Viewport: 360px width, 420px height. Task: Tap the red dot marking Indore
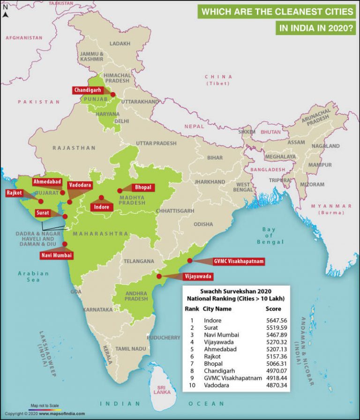[101, 198]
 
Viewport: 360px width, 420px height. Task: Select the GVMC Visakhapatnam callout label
[238, 261]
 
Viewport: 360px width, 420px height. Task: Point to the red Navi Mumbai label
[56, 255]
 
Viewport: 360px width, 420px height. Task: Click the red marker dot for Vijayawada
[159, 276]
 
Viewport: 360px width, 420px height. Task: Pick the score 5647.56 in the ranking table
[277, 320]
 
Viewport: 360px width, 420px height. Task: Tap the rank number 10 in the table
[192, 385]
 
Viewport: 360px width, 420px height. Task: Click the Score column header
[273, 309]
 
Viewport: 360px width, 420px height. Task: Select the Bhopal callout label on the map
[143, 187]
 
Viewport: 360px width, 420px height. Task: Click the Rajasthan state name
[74, 148]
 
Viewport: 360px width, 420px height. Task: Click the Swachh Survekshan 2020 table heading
[236, 291]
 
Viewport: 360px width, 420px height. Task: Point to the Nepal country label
[194, 126]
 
